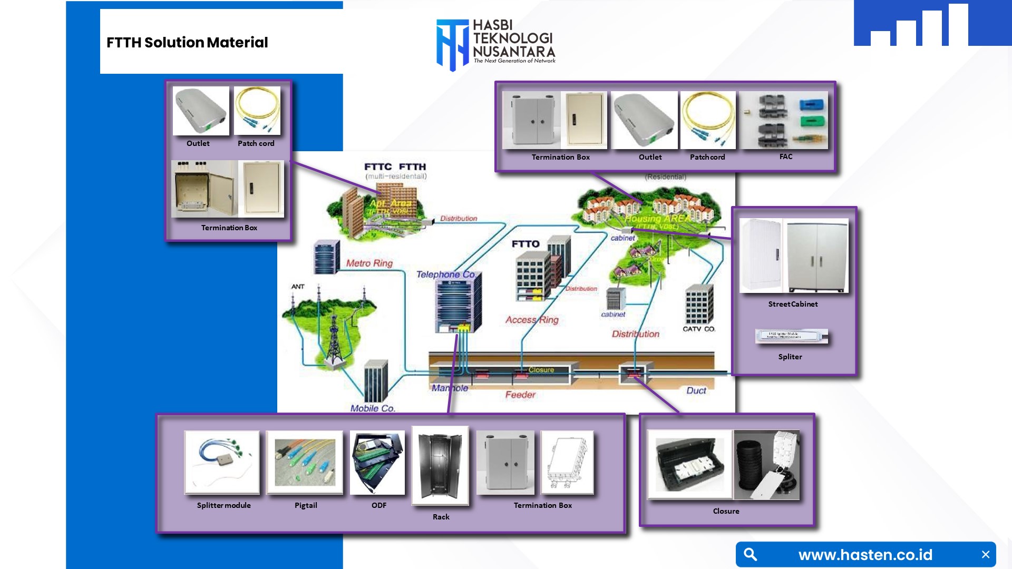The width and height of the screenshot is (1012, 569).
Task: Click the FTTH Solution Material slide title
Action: [187, 43]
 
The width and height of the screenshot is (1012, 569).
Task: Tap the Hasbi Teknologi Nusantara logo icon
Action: [452, 45]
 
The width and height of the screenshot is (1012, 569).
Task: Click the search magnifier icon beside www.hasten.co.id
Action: [751, 554]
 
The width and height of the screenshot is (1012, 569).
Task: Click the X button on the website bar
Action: [985, 554]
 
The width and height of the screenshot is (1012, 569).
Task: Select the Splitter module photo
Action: [222, 462]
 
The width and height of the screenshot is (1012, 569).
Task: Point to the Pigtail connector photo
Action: [305, 462]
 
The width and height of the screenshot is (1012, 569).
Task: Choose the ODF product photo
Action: [377, 462]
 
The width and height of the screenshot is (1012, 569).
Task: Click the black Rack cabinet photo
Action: [440, 465]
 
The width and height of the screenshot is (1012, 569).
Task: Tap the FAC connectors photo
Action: [784, 120]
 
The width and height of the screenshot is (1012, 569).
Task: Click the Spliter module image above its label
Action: [791, 336]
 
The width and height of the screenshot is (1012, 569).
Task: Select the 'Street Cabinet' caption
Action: [793, 304]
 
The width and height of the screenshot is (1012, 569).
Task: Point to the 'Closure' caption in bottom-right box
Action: [726, 511]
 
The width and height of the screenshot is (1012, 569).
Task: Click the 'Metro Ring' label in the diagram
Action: [369, 263]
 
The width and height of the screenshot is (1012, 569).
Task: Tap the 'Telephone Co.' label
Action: [446, 274]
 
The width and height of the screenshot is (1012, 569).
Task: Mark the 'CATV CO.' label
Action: [699, 329]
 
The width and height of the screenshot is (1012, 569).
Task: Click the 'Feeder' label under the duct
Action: [520, 395]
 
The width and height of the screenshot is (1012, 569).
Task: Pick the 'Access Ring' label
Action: [531, 320]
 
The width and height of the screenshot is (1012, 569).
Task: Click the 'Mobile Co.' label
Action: [373, 408]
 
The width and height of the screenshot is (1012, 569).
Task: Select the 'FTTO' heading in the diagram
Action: [526, 244]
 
